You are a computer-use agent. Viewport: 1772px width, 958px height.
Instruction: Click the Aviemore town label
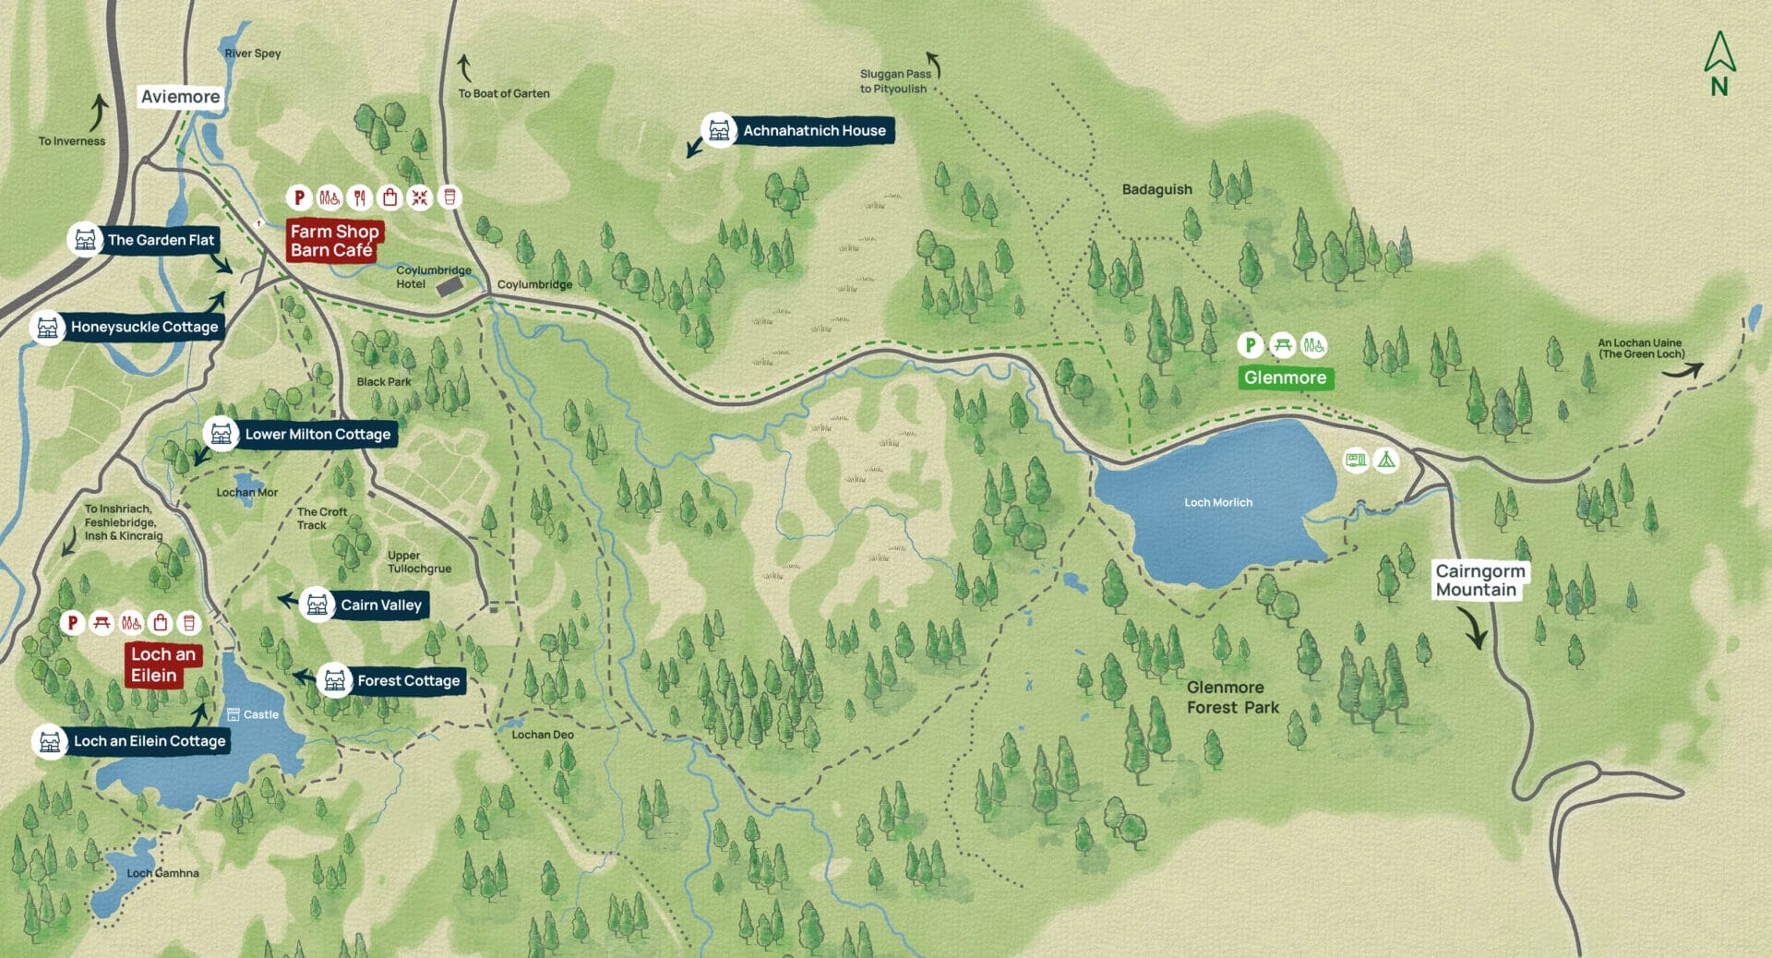pos(180,97)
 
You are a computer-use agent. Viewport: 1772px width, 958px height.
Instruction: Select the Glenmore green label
pos(1285,377)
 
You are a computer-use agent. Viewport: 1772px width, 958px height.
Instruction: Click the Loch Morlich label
pos(1218,503)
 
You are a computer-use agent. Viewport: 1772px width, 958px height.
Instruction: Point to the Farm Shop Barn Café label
pos(334,241)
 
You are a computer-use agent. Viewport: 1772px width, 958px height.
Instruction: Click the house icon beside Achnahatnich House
pos(719,131)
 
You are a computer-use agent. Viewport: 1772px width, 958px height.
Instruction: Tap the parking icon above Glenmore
pos(1250,345)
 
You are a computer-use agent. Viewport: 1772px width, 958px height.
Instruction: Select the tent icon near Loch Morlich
pos(1386,460)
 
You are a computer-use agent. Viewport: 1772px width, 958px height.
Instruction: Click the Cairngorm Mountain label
pos(1479,581)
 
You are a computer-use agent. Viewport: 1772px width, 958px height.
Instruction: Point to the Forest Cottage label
pos(408,681)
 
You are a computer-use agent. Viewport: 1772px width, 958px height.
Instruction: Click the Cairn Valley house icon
pos(317,605)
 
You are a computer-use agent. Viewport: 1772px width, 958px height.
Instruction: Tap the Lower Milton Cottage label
pos(317,435)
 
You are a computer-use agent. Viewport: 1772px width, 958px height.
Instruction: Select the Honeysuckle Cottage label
pos(144,327)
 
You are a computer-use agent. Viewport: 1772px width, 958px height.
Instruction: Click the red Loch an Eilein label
pos(162,665)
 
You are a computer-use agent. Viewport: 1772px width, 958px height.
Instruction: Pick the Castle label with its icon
pos(253,714)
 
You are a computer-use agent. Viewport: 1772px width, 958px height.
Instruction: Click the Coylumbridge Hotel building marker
pos(449,287)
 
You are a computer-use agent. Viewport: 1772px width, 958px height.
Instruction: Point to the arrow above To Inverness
pos(98,113)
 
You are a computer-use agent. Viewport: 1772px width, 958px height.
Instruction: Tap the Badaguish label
pos(1156,189)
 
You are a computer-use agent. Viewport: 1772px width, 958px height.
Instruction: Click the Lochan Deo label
pos(543,735)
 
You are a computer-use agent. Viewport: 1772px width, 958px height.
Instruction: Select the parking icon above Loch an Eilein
pos(72,623)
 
